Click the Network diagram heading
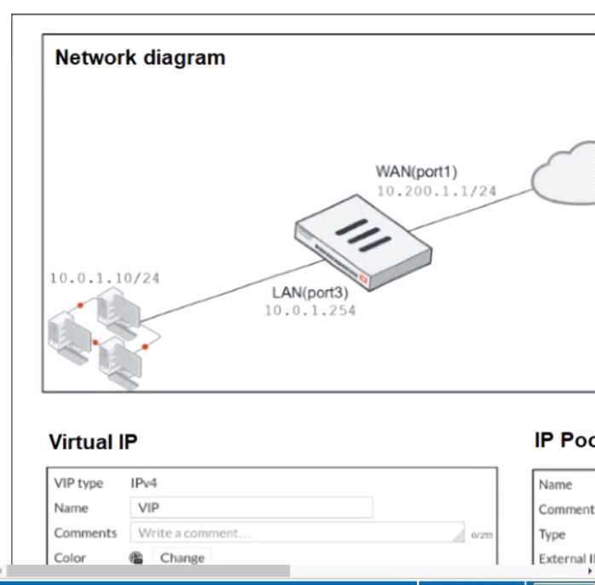[140, 58]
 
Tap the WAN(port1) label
[417, 172]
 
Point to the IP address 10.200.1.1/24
[436, 191]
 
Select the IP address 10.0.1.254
[309, 310]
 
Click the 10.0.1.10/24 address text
[104, 278]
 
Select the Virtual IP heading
[93, 442]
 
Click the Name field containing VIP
[251, 508]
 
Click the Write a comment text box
[296, 533]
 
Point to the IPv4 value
[143, 484]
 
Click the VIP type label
[78, 484]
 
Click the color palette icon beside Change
[136, 559]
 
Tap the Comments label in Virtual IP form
[85, 533]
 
